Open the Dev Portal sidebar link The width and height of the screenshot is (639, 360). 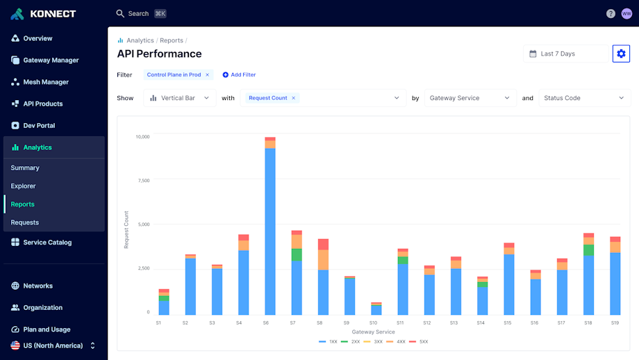tap(39, 126)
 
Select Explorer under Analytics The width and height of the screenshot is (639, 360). tap(23, 186)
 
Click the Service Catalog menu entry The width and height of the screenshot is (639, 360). tap(47, 243)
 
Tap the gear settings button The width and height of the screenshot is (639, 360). tap(621, 54)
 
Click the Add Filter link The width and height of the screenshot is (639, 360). tap(239, 75)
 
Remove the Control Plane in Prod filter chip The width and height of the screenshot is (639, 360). tap(207, 75)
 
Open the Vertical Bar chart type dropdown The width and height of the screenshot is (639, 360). tap(180, 98)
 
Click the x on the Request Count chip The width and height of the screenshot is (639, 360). tap(293, 98)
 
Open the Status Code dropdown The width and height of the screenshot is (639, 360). tap(583, 98)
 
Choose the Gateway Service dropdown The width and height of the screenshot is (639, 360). tap(470, 98)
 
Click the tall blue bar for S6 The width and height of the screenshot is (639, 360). tap(269, 229)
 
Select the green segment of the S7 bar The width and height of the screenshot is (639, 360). tap(297, 254)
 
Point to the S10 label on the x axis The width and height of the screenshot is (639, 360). tap(374, 323)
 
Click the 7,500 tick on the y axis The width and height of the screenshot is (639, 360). tap(142, 181)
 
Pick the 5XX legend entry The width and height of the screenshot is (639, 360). tap(421, 342)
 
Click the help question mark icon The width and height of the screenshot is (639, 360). tap(611, 13)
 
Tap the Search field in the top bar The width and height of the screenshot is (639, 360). tap(139, 13)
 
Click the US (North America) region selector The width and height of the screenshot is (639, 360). tap(53, 345)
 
